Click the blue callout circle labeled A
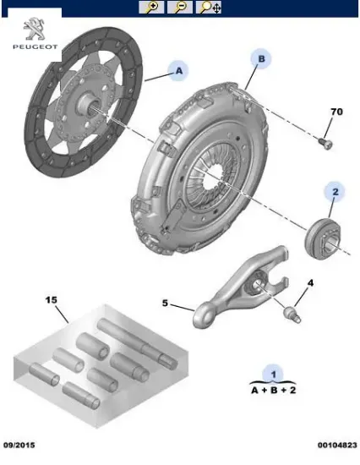[178, 73]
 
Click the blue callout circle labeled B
[261, 58]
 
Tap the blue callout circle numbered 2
[334, 194]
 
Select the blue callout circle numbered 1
[272, 373]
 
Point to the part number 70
[335, 112]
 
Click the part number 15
[51, 300]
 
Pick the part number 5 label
[166, 303]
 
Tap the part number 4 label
[310, 282]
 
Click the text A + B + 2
[271, 390]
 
